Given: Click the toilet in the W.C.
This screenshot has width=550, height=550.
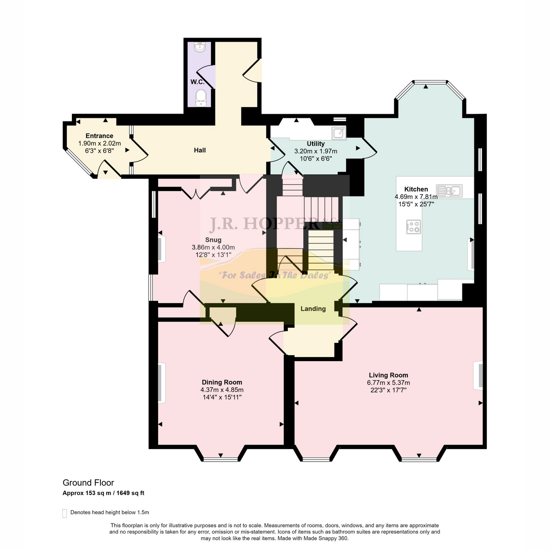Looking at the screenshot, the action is pyautogui.click(x=201, y=98).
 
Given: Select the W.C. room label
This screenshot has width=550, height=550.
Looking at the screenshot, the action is pyautogui.click(x=198, y=82).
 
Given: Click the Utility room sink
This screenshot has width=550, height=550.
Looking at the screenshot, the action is pyautogui.click(x=339, y=133).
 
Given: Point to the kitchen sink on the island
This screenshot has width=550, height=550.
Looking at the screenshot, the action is pyautogui.click(x=449, y=191).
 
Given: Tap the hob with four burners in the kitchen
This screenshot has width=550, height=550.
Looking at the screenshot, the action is pyautogui.click(x=413, y=227).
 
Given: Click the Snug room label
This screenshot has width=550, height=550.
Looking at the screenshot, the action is pyautogui.click(x=213, y=240).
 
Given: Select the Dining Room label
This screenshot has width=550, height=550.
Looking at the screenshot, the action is pyautogui.click(x=222, y=382).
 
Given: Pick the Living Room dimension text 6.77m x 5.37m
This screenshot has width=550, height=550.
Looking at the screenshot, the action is pyautogui.click(x=389, y=383).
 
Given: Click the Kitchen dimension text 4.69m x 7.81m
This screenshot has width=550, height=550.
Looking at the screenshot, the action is pyautogui.click(x=416, y=197).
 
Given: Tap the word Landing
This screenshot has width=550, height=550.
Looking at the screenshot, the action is pyautogui.click(x=313, y=309).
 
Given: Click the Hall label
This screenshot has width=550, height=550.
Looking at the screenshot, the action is pyautogui.click(x=200, y=150).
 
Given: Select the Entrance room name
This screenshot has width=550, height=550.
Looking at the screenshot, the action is pyautogui.click(x=99, y=136).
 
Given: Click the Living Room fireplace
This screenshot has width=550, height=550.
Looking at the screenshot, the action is pyautogui.click(x=478, y=375).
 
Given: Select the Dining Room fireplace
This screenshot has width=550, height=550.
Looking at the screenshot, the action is pyautogui.click(x=161, y=383).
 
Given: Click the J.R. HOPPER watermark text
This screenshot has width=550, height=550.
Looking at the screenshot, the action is pyautogui.click(x=264, y=224).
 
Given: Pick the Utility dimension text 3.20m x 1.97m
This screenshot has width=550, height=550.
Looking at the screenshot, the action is pyautogui.click(x=316, y=151).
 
